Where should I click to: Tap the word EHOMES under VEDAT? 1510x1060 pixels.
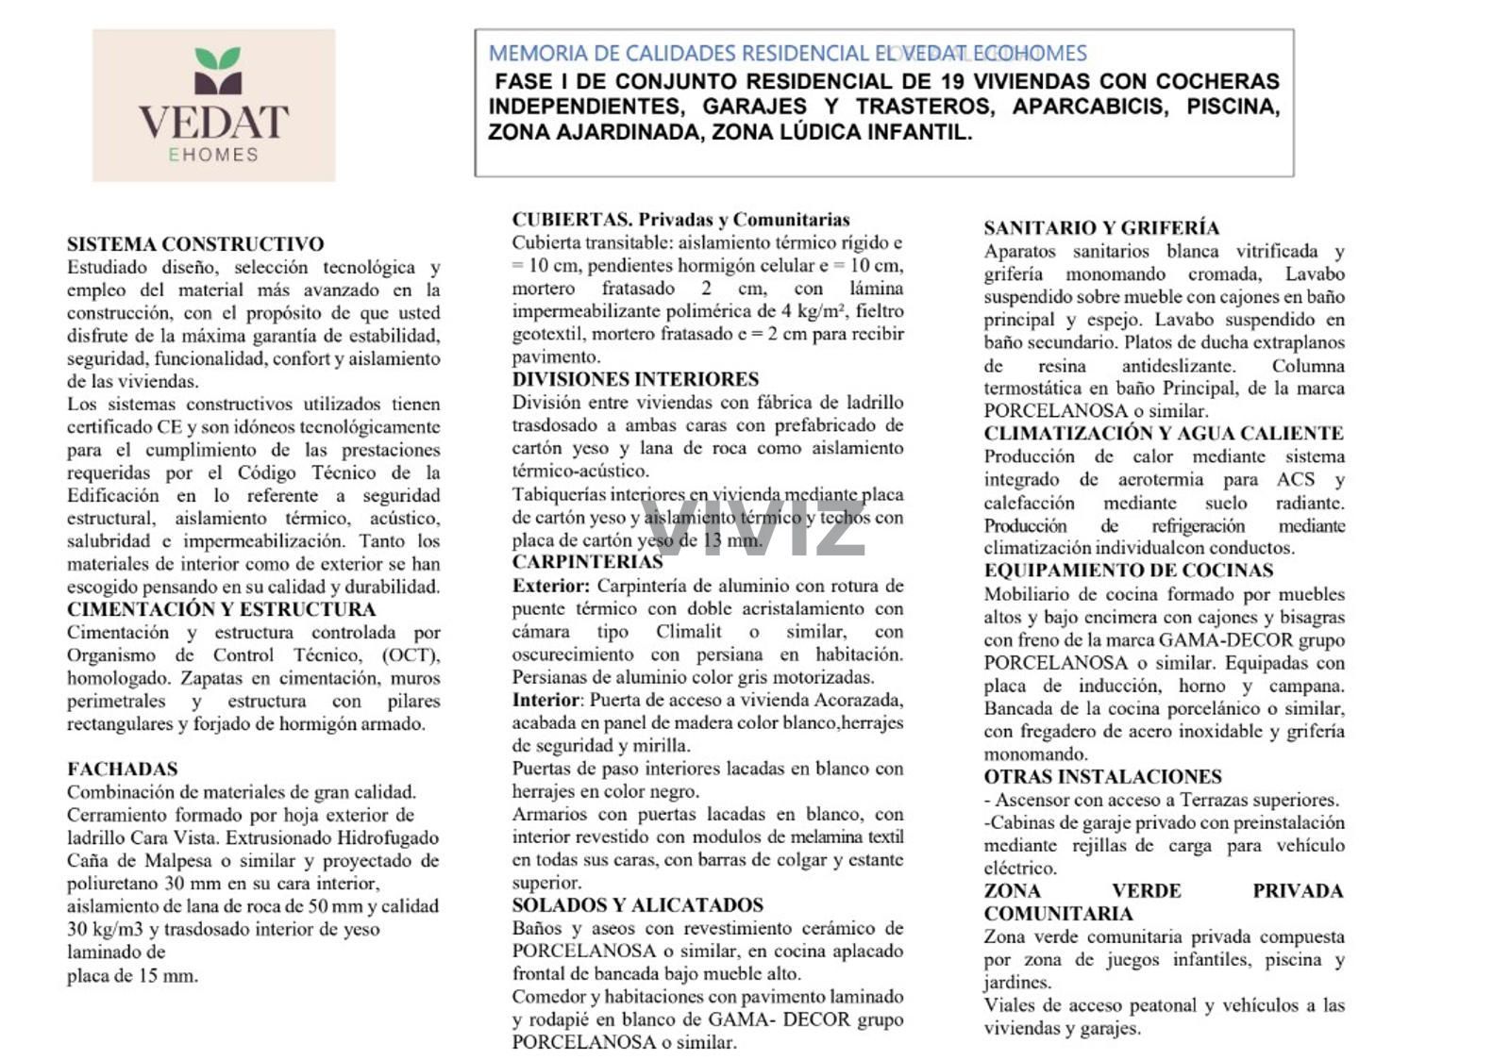(x=213, y=155)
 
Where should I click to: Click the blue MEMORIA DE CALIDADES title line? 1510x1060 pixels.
(x=787, y=54)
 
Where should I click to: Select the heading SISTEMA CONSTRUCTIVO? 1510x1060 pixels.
(x=195, y=244)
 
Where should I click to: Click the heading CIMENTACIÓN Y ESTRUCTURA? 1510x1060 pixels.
(x=221, y=609)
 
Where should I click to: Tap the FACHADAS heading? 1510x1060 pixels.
(x=123, y=769)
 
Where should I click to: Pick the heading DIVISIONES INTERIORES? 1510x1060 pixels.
(x=635, y=379)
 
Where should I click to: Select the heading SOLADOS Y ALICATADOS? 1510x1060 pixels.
(x=638, y=905)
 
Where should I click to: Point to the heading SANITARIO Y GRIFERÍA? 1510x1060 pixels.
(x=1101, y=228)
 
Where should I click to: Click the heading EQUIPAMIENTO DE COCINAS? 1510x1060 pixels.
(x=1129, y=571)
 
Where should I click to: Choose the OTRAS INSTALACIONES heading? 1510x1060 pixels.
(x=1102, y=777)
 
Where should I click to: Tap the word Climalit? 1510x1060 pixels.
(x=689, y=632)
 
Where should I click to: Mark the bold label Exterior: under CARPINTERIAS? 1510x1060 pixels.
(x=551, y=586)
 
